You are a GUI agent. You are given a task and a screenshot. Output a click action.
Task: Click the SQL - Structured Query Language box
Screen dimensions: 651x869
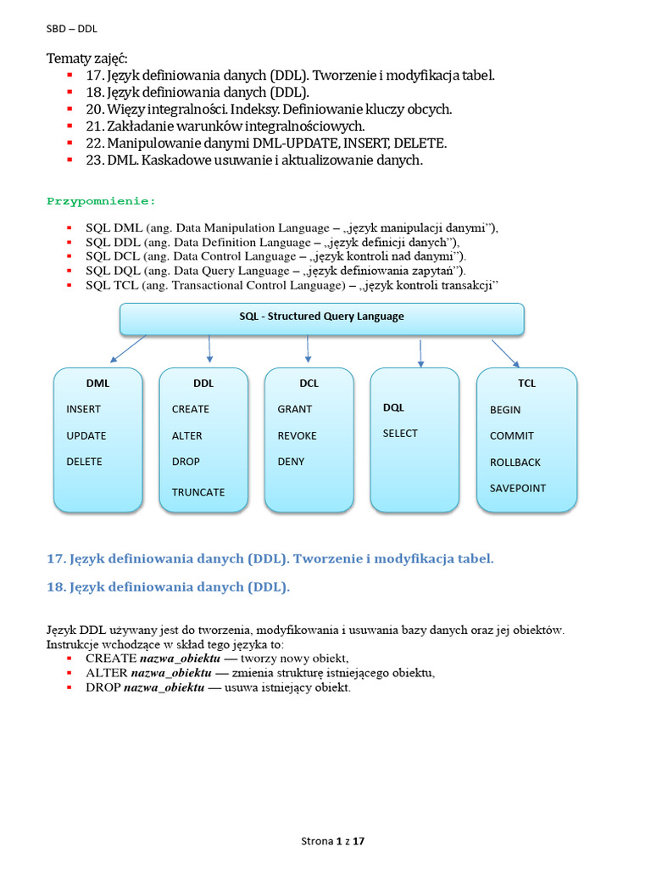click(x=321, y=317)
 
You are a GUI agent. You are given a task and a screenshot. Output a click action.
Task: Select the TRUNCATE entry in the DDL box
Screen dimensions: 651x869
click(x=198, y=492)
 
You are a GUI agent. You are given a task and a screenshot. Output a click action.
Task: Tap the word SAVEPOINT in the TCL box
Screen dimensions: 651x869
click(x=518, y=488)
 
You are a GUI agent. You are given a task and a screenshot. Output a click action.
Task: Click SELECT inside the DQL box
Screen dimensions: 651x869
click(x=400, y=433)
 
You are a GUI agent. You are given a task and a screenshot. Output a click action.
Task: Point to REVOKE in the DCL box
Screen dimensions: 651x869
click(x=297, y=435)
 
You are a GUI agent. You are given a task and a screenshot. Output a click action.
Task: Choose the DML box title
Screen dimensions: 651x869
click(x=97, y=383)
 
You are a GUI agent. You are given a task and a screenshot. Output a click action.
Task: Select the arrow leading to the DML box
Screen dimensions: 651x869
click(x=127, y=348)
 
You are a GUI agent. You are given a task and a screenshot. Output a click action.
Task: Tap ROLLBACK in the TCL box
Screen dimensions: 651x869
click(x=515, y=463)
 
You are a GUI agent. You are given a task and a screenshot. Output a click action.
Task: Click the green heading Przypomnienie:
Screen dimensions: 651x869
click(x=101, y=201)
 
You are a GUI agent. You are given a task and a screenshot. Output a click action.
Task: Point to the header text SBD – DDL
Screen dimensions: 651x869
click(x=71, y=28)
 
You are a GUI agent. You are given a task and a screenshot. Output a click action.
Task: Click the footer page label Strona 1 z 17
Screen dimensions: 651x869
click(x=333, y=842)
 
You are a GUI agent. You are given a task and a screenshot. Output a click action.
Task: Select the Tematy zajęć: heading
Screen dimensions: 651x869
click(x=86, y=59)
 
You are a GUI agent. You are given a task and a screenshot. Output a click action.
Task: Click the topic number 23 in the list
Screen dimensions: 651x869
click(x=93, y=160)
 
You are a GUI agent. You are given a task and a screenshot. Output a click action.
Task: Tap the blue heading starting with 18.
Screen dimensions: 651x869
click(x=168, y=586)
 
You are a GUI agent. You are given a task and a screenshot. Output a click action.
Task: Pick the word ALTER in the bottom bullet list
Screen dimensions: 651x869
click(x=107, y=673)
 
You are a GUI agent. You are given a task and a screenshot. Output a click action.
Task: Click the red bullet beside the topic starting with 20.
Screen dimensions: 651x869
click(x=69, y=109)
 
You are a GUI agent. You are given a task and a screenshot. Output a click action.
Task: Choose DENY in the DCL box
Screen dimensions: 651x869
click(x=291, y=462)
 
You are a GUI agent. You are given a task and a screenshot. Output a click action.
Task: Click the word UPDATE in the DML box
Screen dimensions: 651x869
click(x=86, y=435)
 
